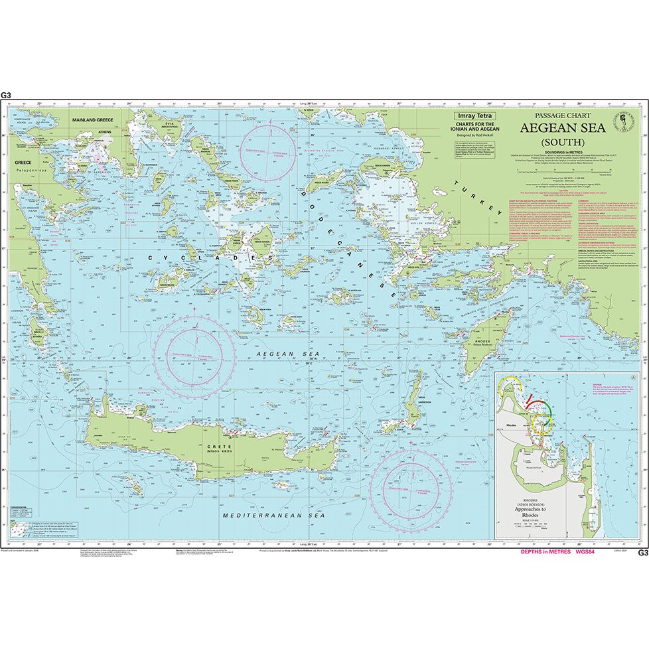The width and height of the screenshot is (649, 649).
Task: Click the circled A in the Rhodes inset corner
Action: [633, 377]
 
